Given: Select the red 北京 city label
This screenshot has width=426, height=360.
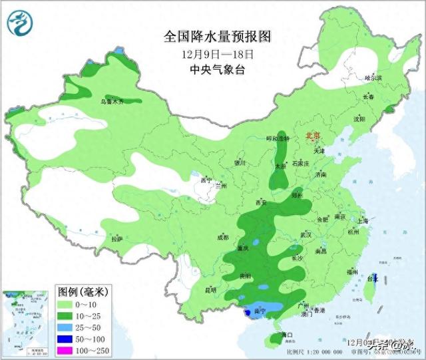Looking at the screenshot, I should pos(312,136).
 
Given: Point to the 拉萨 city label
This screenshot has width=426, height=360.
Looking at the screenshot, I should pos(117,238).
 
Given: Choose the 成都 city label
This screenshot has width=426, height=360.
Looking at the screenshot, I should pos(222,237).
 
